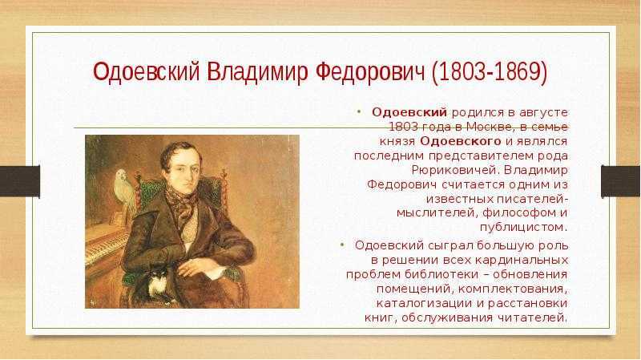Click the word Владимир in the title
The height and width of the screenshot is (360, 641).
pos(256,72)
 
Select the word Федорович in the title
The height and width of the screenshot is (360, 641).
pos(371,72)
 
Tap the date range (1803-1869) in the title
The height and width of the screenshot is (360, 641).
pos(490,72)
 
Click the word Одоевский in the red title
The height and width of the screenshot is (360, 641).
pos(146,72)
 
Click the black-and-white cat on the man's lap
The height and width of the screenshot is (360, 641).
pos(156,283)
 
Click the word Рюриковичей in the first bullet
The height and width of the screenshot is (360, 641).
pos(454,170)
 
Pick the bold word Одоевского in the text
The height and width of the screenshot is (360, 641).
pos(460,141)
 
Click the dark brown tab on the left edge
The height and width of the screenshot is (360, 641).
pos(19,181)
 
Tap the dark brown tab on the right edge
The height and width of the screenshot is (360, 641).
pos(621,181)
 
